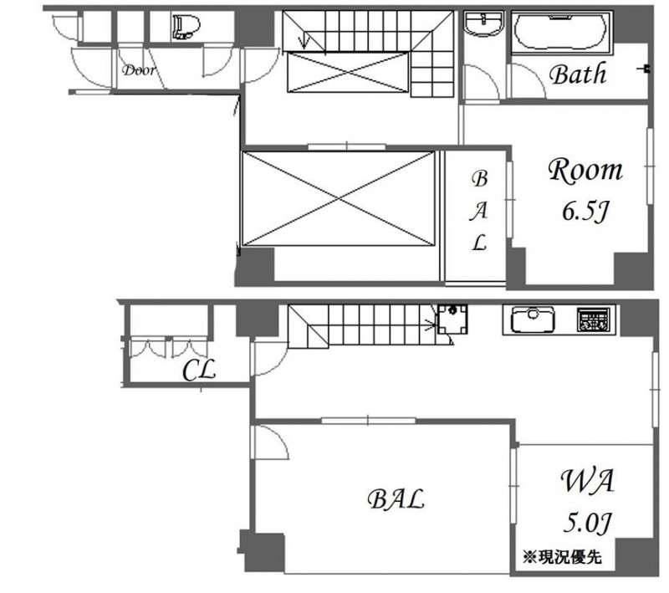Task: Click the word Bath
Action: (x=578, y=74)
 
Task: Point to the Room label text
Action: (x=585, y=171)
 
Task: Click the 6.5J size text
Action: (x=585, y=212)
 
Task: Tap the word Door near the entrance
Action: (x=139, y=70)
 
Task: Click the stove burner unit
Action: (x=592, y=320)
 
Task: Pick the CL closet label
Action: (x=199, y=371)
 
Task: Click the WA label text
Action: (x=587, y=481)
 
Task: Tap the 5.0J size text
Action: (x=588, y=522)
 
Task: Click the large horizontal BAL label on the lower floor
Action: (x=396, y=499)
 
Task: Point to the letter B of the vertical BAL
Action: (x=479, y=179)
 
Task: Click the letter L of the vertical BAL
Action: (x=479, y=243)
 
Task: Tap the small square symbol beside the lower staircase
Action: (x=452, y=320)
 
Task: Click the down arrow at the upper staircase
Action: (x=304, y=42)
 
